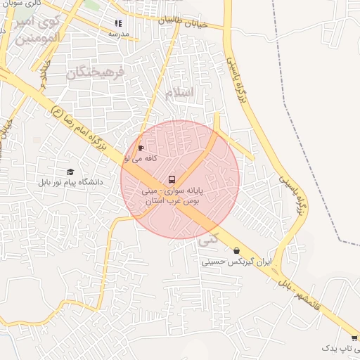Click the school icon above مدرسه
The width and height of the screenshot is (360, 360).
[x=117, y=24]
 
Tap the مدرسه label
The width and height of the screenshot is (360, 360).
[x=118, y=34]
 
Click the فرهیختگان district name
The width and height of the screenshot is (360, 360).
[x=96, y=72]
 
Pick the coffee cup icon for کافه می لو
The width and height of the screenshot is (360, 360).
[x=140, y=148]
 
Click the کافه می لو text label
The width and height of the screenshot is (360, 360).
[x=141, y=159]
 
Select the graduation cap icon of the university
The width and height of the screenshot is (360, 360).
[x=70, y=172]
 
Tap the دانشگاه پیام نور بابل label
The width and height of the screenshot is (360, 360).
[x=71, y=182]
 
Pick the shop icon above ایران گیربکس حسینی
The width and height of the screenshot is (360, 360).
[x=236, y=250]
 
